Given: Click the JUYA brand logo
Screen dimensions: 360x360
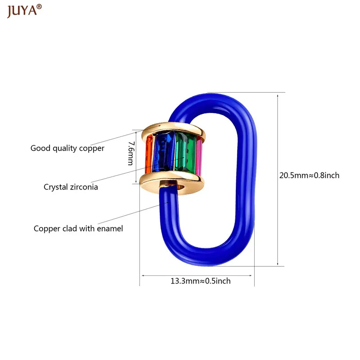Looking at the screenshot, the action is coord(24,11).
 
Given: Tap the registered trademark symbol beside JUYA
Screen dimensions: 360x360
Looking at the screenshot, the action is coord(39,7).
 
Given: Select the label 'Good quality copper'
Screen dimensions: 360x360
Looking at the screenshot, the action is coord(67,148).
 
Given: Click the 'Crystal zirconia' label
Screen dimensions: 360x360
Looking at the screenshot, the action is coord(71,187).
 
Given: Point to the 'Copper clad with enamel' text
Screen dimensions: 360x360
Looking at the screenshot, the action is coord(78,229).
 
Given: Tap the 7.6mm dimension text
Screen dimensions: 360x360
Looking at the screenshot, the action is coord(131,153).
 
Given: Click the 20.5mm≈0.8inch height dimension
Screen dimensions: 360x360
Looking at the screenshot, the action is coord(309,175).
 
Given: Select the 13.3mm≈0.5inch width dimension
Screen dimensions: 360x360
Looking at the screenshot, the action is coord(200,281).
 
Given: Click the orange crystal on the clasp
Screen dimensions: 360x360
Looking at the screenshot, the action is coord(148,154).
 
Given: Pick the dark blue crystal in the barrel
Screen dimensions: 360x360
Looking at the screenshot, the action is coord(164,152).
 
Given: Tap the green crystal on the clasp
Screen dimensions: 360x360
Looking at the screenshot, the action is coord(185,152).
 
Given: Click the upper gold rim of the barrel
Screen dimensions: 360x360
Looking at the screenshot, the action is coord(173,131).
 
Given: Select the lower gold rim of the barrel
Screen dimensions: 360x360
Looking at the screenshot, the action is coord(172,183).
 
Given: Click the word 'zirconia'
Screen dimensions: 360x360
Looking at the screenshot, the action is coord(84,187).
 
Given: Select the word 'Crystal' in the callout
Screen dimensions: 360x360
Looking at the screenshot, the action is coord(56,187).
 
